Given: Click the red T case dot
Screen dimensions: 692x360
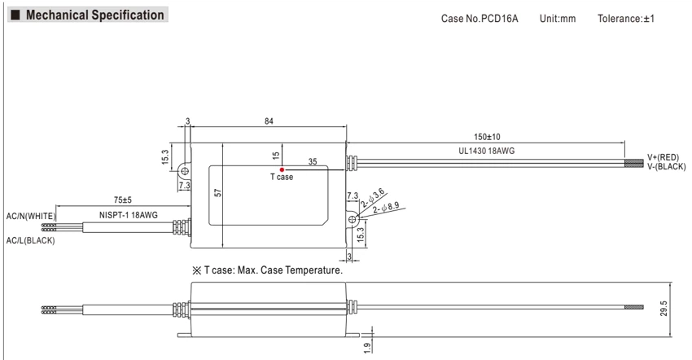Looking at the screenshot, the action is click(x=282, y=169).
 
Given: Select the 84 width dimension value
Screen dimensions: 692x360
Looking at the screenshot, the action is click(x=269, y=121).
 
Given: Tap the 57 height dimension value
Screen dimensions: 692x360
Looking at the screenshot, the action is click(x=217, y=192).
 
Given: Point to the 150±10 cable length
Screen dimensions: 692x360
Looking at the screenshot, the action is click(x=487, y=137).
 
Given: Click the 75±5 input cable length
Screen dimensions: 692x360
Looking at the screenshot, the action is click(x=123, y=200).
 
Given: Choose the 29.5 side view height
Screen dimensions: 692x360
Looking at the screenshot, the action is click(x=664, y=309).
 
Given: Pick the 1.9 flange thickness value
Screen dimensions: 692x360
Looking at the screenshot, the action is click(x=367, y=348).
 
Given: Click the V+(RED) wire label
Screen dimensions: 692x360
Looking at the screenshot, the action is click(x=663, y=158).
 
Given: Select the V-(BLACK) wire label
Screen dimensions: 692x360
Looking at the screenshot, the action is click(x=667, y=166).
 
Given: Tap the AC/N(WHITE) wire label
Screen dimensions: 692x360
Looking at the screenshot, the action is click(x=31, y=217).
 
